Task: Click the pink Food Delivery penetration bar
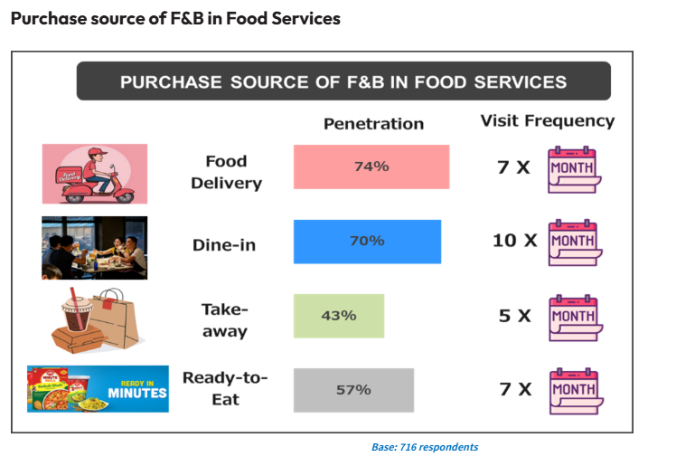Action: point(371,166)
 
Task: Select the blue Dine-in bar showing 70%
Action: point(367,242)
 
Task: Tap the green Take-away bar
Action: point(338,316)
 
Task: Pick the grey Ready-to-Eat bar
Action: point(353,390)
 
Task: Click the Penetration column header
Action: point(373,124)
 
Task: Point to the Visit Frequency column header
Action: point(547,120)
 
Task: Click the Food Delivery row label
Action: point(226,172)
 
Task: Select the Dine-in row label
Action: point(225,244)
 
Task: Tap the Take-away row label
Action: point(225,319)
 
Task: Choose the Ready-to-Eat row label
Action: point(225,388)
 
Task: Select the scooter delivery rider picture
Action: point(94,174)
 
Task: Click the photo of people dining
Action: point(94,247)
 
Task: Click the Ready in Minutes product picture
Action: point(98,389)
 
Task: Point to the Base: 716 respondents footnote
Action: point(424,447)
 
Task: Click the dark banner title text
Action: point(343,81)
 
